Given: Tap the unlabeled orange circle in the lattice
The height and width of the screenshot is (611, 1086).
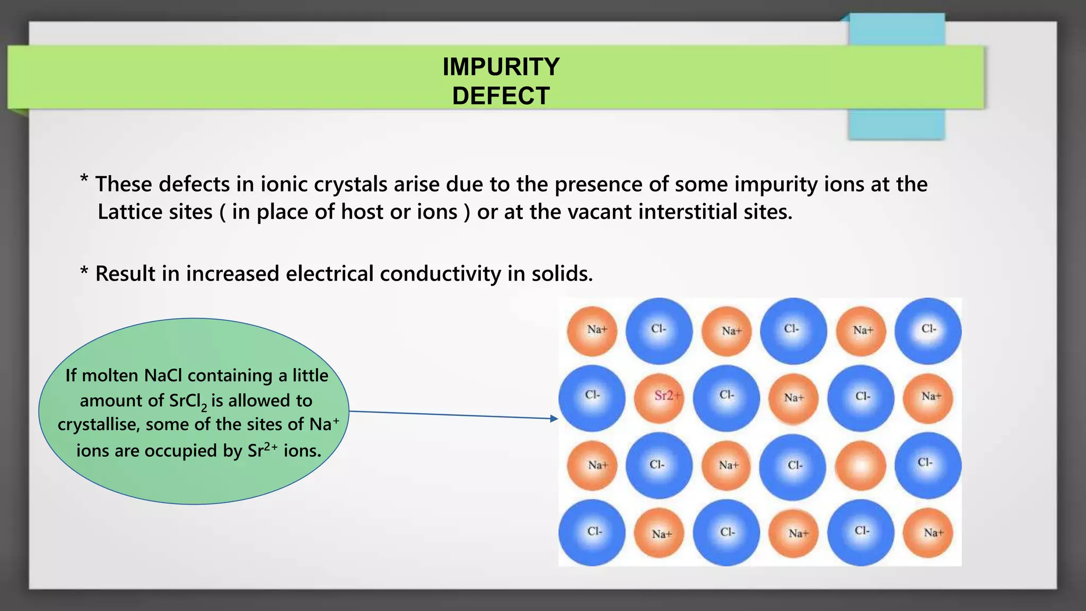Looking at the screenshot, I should [861, 466].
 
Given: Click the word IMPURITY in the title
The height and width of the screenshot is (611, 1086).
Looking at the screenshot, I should [501, 67].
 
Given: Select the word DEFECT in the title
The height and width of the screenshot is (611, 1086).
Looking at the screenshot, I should [501, 96].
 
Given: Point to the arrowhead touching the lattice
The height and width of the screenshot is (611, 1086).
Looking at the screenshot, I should [554, 418].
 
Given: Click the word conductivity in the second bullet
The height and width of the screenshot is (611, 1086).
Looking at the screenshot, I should [440, 274].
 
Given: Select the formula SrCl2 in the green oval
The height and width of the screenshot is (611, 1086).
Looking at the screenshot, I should [188, 401].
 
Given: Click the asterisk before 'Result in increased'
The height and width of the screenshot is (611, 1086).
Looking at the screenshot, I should [84, 272].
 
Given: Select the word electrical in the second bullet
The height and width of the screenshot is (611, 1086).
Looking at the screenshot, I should [330, 274].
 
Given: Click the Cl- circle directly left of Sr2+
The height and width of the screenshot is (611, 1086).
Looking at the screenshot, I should [592, 398].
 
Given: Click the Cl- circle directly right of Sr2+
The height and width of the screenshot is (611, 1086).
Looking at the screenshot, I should [726, 398].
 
